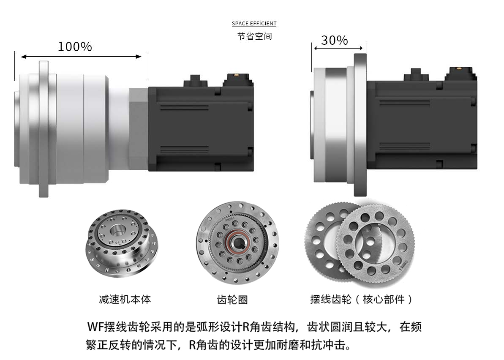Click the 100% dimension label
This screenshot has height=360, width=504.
pos(75,47)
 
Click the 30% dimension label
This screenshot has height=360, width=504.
pos(334,40)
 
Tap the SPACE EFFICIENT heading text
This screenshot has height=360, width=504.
pos(254,24)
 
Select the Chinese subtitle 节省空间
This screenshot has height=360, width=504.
pos(255,36)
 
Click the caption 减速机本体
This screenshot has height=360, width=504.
pos(125,300)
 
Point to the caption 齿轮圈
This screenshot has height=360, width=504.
pos(232,300)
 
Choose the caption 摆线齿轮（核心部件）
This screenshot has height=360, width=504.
pos(361,300)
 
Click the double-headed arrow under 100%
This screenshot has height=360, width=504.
pos(81,57)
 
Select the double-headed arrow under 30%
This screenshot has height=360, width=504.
pos(338,48)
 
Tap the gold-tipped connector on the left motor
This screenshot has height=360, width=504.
pos(237,80)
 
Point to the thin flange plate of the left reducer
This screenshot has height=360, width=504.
pos(44,129)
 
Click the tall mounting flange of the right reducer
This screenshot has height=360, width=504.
pos(360,125)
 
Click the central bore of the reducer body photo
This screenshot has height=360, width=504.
pos(117,230)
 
